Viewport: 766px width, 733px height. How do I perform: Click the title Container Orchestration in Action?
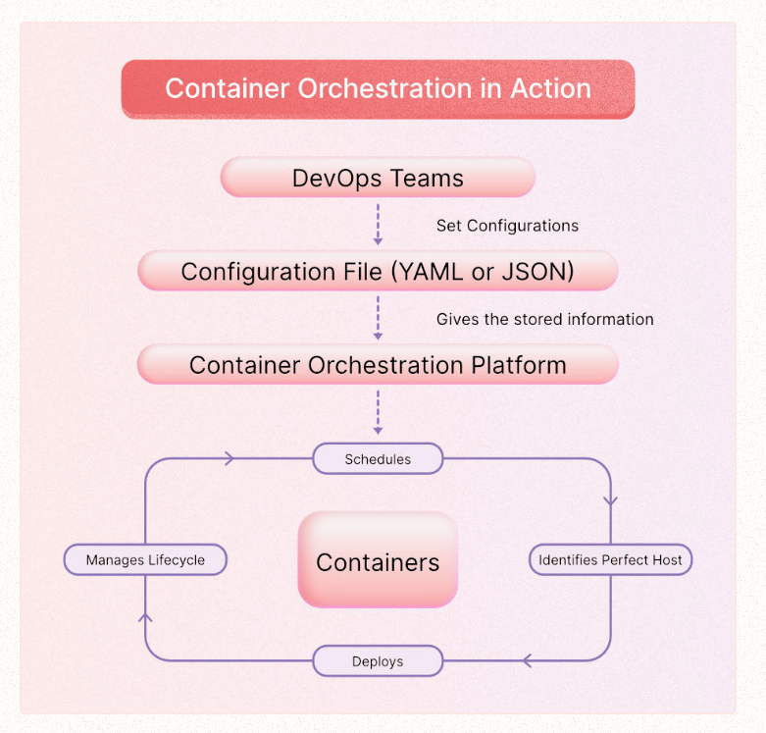(x=378, y=88)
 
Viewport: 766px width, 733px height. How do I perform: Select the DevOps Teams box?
(x=378, y=179)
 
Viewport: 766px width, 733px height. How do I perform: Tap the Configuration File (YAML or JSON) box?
(x=378, y=272)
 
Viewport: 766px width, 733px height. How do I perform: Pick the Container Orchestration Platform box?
(x=378, y=366)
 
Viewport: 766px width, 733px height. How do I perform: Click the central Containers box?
(x=378, y=561)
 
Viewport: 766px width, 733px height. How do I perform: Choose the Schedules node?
(x=378, y=458)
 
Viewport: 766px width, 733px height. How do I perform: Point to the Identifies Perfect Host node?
(x=610, y=560)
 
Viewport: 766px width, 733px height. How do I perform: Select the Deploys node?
(x=378, y=661)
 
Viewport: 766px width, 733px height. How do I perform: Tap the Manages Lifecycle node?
(x=145, y=560)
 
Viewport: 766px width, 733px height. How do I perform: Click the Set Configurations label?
(x=507, y=226)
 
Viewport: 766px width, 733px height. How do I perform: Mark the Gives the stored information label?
(x=544, y=319)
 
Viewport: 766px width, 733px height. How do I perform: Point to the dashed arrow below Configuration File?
(x=378, y=315)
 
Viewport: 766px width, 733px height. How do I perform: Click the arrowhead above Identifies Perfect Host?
(x=610, y=499)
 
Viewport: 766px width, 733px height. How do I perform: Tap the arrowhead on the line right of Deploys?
(x=528, y=661)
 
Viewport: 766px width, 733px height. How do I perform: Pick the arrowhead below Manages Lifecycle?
(x=145, y=617)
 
